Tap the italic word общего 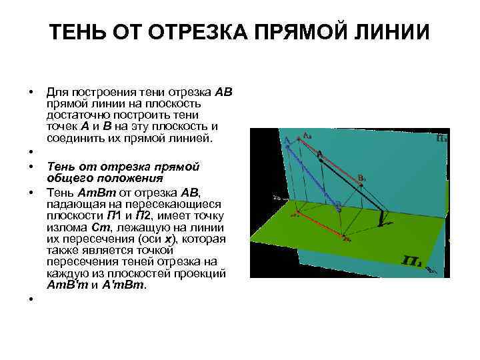click(67, 178)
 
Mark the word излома click(65, 227)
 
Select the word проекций click(206, 274)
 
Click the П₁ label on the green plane click(411, 257)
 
